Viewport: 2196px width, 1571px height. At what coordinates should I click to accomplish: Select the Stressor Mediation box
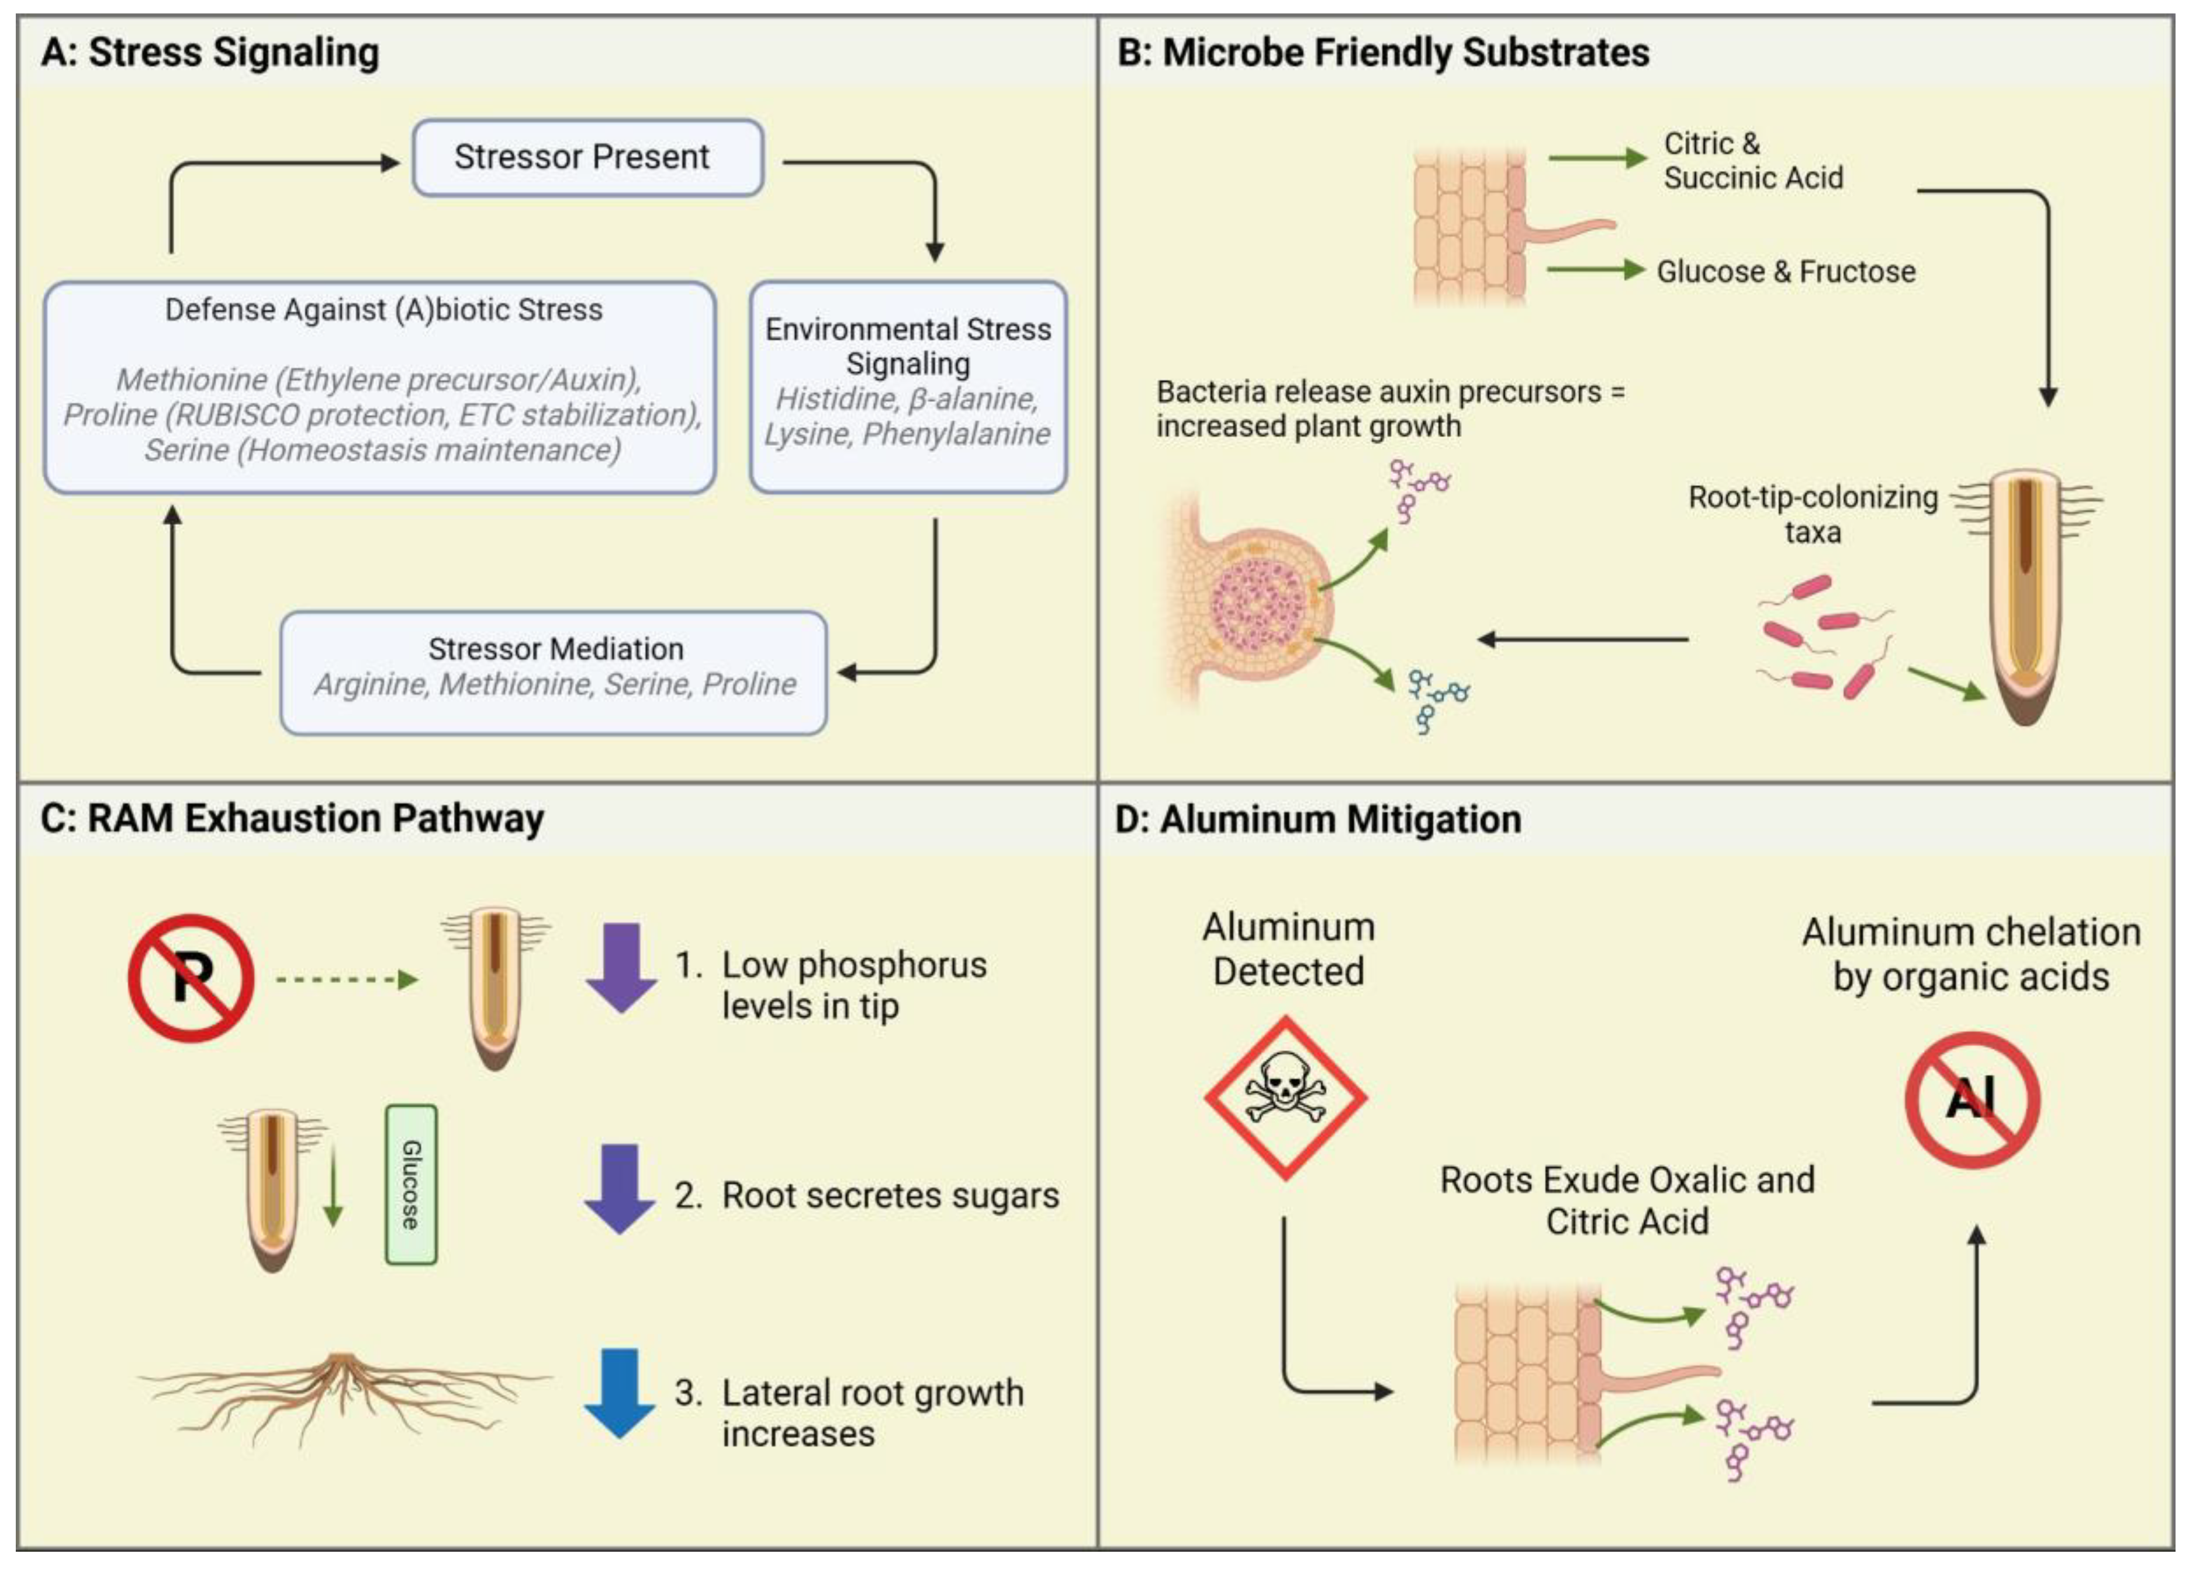pyautogui.click(x=554, y=672)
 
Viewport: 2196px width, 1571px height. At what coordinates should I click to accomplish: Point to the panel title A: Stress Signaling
pyautogui.click(x=210, y=52)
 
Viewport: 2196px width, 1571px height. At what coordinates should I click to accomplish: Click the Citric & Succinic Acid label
pyautogui.click(x=1752, y=161)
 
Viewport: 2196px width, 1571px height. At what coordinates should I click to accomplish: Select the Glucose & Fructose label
pyautogui.click(x=1785, y=272)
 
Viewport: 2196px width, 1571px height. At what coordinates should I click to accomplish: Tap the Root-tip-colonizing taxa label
pyautogui.click(x=1812, y=514)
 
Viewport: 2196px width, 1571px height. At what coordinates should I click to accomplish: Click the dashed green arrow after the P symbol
pyautogui.click(x=347, y=980)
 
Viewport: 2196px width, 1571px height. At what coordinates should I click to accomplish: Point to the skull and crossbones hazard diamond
pyautogui.click(x=1285, y=1097)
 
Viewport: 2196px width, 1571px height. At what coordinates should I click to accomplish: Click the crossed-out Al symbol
pyautogui.click(x=1972, y=1099)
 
